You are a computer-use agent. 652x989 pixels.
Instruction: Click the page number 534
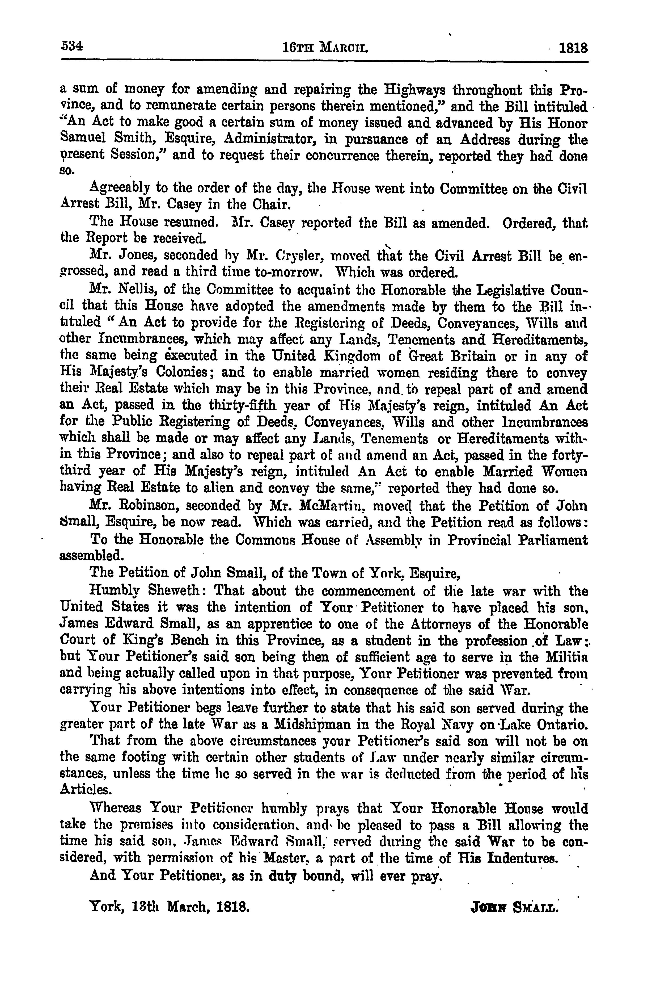tap(71, 47)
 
